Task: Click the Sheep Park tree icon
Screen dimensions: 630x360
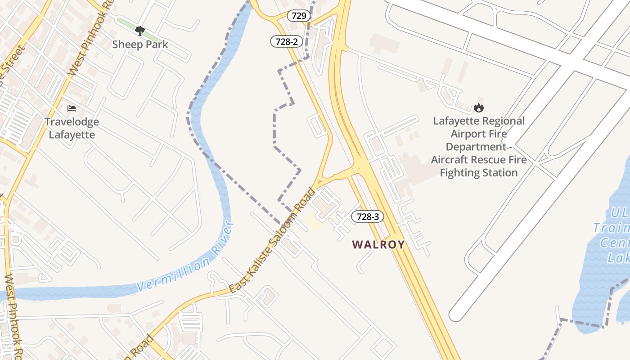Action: coord(140,31)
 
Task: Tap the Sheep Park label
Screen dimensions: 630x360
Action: coord(140,44)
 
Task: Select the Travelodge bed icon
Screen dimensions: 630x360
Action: coord(72,108)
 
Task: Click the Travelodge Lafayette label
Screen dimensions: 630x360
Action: coord(72,128)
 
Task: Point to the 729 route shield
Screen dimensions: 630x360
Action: coord(299,16)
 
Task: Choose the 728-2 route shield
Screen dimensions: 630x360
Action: coord(287,42)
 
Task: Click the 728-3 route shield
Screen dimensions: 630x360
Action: coord(368,216)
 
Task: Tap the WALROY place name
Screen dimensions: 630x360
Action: coord(378,244)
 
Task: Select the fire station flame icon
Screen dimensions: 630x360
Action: coord(478,108)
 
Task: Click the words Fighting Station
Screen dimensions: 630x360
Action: coord(478,173)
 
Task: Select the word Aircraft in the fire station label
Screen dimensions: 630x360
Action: coord(452,160)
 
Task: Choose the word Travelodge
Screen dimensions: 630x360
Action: coord(72,121)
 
